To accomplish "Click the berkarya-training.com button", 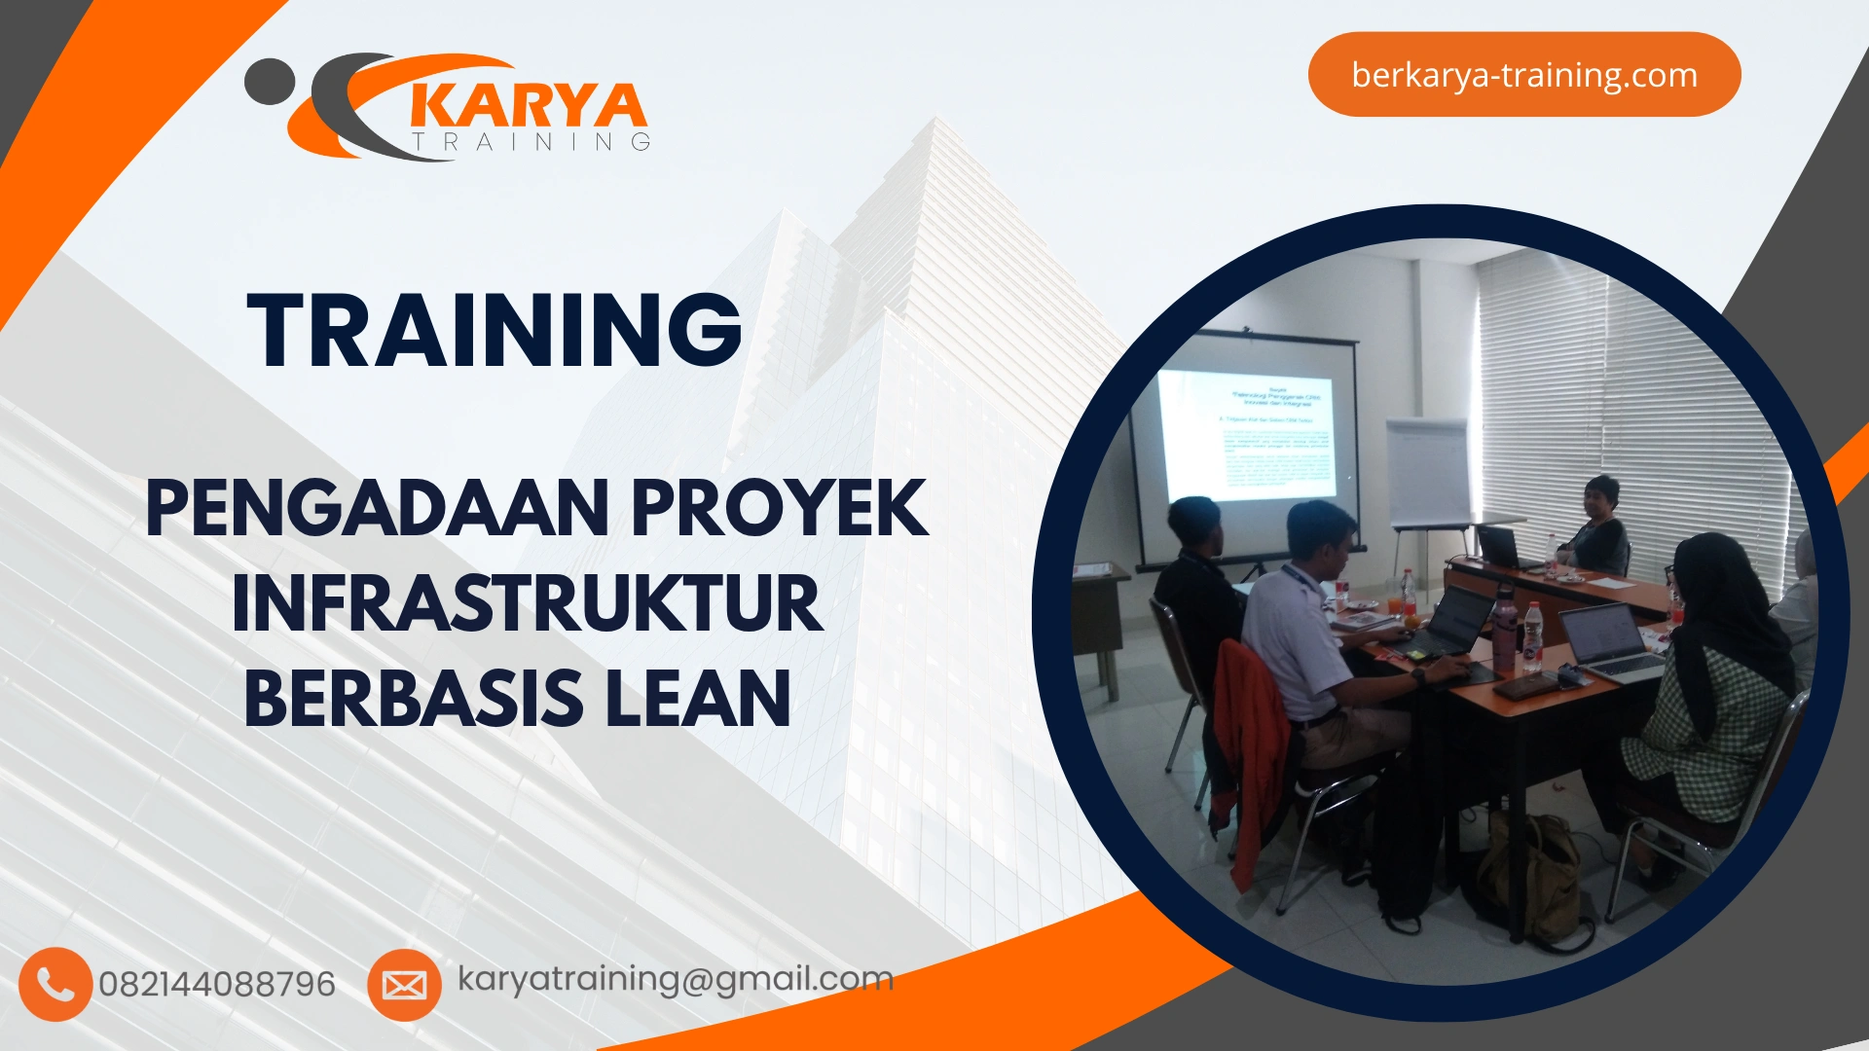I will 1523,75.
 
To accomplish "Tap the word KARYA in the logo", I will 529,106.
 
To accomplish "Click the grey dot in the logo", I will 269,82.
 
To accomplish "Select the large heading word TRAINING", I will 495,331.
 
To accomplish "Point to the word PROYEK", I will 780,508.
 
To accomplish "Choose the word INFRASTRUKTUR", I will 527,604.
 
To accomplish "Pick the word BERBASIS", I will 414,699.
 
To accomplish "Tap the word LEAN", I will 697,699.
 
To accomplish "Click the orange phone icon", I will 55,984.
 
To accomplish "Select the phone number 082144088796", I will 216,984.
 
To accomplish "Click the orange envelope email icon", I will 404,985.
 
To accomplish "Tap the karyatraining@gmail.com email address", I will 675,979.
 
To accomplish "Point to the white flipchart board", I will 1427,472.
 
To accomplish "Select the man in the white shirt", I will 1314,633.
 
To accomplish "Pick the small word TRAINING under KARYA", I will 531,142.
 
